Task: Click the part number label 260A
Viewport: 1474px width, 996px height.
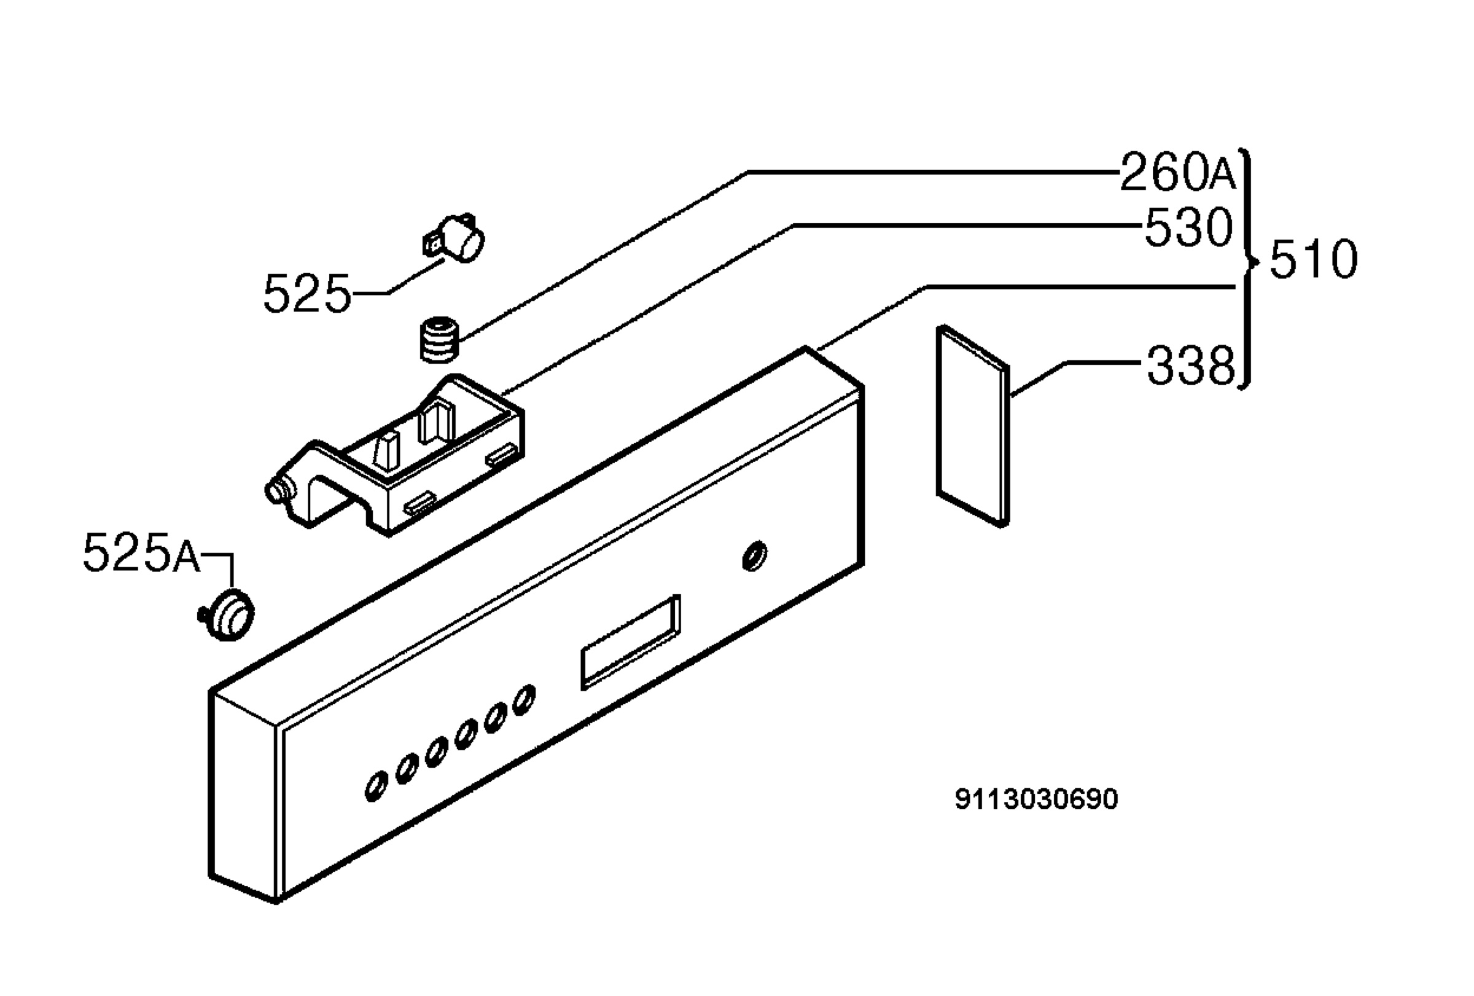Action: (1178, 172)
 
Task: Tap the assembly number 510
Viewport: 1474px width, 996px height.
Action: (1314, 259)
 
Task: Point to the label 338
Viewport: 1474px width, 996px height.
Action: (1190, 366)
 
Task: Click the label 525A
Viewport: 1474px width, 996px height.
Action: (141, 552)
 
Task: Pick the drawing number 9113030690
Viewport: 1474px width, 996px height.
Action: (1036, 799)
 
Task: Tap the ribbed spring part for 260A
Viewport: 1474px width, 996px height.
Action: (440, 340)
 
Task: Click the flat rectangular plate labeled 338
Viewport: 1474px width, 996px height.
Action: (973, 426)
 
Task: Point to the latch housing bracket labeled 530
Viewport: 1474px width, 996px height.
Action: (394, 455)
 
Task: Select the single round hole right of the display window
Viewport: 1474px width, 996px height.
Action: (754, 556)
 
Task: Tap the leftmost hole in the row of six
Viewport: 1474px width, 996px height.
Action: (375, 786)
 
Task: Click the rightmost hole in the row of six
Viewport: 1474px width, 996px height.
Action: (523, 700)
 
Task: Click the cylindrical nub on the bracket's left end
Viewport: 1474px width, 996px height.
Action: (279, 492)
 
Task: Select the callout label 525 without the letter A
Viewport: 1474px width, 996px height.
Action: (307, 294)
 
